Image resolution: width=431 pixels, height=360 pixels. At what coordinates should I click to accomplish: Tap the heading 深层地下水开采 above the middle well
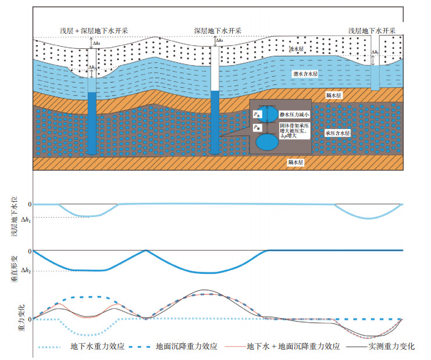tap(217, 30)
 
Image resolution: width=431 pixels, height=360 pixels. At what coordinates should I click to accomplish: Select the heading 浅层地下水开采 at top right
tap(372, 30)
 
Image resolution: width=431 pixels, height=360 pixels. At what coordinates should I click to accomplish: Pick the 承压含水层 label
tap(338, 133)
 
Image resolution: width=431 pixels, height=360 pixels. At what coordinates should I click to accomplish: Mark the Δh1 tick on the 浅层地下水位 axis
tap(26, 219)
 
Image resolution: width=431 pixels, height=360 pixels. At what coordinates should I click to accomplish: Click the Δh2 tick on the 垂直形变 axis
tap(26, 271)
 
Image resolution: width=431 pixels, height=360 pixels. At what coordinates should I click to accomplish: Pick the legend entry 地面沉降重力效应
tap(186, 347)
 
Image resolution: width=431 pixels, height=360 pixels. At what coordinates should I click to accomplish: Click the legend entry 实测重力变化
tap(391, 347)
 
